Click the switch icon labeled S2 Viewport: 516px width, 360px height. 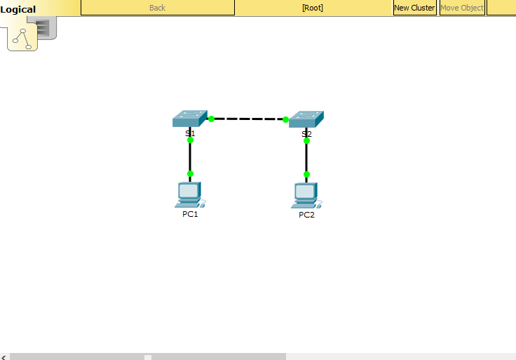pyautogui.click(x=306, y=119)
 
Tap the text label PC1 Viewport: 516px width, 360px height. pyautogui.click(x=190, y=214)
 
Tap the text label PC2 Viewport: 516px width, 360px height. pyautogui.click(x=306, y=215)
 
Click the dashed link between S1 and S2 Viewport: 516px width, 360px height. pyautogui.click(x=248, y=119)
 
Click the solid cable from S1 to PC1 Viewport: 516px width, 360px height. pyautogui.click(x=190, y=156)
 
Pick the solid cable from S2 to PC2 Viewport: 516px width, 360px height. pyautogui.click(x=306, y=157)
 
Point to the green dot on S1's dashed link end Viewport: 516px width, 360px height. pyautogui.click(x=211, y=119)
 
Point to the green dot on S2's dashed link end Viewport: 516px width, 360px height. pyautogui.click(x=285, y=119)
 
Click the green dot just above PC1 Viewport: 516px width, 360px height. pyautogui.click(x=190, y=173)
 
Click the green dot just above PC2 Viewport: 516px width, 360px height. pyautogui.click(x=306, y=174)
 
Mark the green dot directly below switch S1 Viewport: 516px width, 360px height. pyautogui.click(x=190, y=140)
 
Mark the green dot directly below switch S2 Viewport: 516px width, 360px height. pyautogui.click(x=306, y=140)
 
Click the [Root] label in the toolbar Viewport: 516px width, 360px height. pyautogui.click(x=313, y=8)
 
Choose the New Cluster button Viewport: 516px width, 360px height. pyautogui.click(x=414, y=8)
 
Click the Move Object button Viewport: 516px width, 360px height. pyautogui.click(x=462, y=8)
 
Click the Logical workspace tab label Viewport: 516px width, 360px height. pyautogui.click(x=18, y=9)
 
